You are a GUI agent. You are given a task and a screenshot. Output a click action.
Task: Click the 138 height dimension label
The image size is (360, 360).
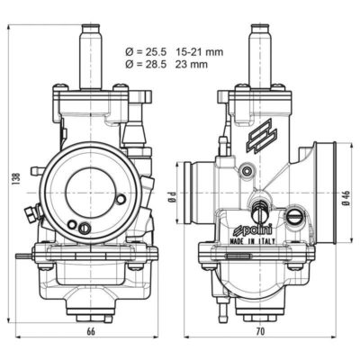pyautogui.click(x=17, y=178)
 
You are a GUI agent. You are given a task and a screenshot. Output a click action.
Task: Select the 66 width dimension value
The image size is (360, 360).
pyautogui.click(x=91, y=331)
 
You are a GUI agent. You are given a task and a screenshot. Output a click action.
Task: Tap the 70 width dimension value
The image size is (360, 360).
pyautogui.click(x=261, y=331)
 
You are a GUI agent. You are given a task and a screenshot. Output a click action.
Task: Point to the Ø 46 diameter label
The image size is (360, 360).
pyautogui.click(x=347, y=198)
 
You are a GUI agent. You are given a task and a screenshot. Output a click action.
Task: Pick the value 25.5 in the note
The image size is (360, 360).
pyautogui.click(x=156, y=52)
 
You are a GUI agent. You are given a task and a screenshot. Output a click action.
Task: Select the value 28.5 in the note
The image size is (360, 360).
pyautogui.click(x=156, y=64)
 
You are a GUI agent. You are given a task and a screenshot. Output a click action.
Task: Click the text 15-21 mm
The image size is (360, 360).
pyautogui.click(x=199, y=52)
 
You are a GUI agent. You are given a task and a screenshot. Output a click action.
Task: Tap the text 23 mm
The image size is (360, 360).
pyautogui.click(x=192, y=64)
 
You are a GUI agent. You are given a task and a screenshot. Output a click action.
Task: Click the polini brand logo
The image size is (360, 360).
pyautogui.click(x=253, y=230)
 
